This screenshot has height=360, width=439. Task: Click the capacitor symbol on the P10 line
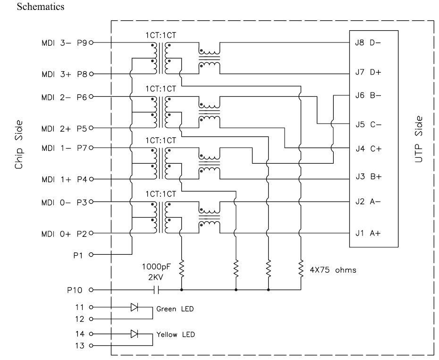[x=155, y=289]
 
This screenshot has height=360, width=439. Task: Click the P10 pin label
[x=75, y=289]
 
